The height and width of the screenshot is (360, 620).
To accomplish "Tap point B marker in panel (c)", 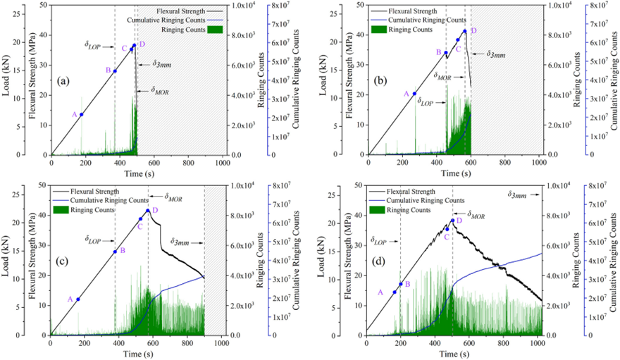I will (x=116, y=252).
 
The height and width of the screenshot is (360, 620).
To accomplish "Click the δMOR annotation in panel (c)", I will (x=173, y=199).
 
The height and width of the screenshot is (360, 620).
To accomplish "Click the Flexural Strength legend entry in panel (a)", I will (x=166, y=12).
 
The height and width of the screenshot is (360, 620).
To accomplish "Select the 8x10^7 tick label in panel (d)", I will (x=597, y=186).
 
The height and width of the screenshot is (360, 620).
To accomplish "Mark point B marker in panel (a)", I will (x=116, y=70).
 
